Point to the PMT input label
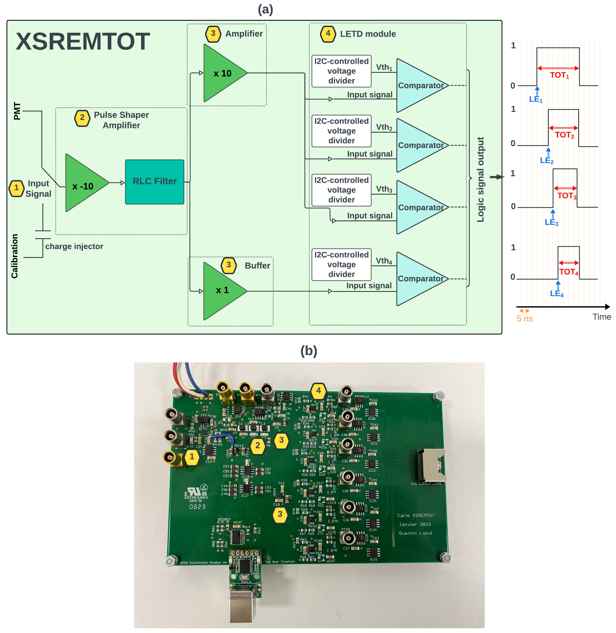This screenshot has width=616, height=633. point(17,111)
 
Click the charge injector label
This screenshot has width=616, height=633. point(74,247)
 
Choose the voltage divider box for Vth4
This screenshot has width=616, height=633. point(341,265)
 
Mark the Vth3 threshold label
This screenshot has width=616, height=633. point(384,189)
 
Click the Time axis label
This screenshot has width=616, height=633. point(601,317)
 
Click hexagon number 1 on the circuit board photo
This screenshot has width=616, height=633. point(192,457)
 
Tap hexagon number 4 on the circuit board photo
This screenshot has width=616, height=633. point(318,391)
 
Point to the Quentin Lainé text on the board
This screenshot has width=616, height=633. point(415,533)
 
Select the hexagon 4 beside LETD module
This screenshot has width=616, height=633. point(328,34)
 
